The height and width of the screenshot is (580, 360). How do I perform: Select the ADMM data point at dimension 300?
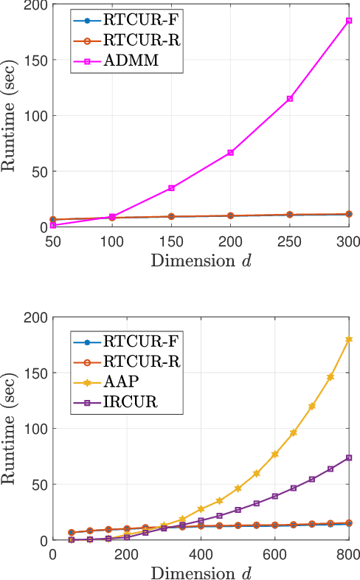[x=349, y=21]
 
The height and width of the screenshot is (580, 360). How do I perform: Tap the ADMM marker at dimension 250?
[x=290, y=98]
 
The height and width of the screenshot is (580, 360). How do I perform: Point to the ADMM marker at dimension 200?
[x=230, y=152]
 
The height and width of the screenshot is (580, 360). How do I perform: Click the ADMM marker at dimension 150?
[x=171, y=188]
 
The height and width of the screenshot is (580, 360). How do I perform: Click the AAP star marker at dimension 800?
[x=349, y=339]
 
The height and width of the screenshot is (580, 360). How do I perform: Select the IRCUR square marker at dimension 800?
[x=349, y=458]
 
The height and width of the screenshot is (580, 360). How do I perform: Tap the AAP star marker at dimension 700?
[x=312, y=407]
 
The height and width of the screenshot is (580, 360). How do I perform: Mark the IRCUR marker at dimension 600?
[x=275, y=496]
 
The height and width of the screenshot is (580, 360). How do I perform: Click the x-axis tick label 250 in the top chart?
[x=290, y=241]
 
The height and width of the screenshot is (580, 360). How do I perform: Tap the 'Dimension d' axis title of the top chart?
[x=201, y=259]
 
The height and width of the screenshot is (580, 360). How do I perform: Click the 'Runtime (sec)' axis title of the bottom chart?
[x=10, y=429]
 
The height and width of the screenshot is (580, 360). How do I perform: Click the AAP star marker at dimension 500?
[x=238, y=488]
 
